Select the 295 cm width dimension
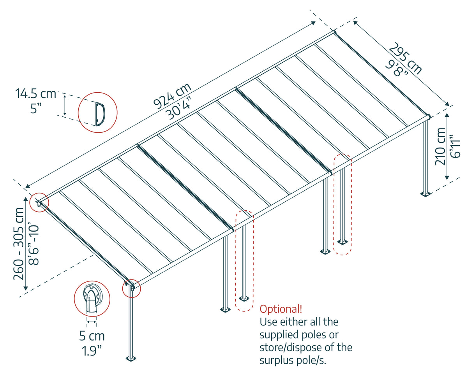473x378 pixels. [405, 58]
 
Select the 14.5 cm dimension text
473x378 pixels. [36, 94]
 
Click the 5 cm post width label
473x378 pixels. [92, 336]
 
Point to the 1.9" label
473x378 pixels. [92, 351]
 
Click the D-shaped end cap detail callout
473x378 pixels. [97, 113]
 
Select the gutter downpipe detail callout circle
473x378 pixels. [92, 298]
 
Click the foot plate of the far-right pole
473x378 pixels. [425, 193]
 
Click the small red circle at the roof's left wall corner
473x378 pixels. [39, 202]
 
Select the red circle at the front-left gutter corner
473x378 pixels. [132, 288]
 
